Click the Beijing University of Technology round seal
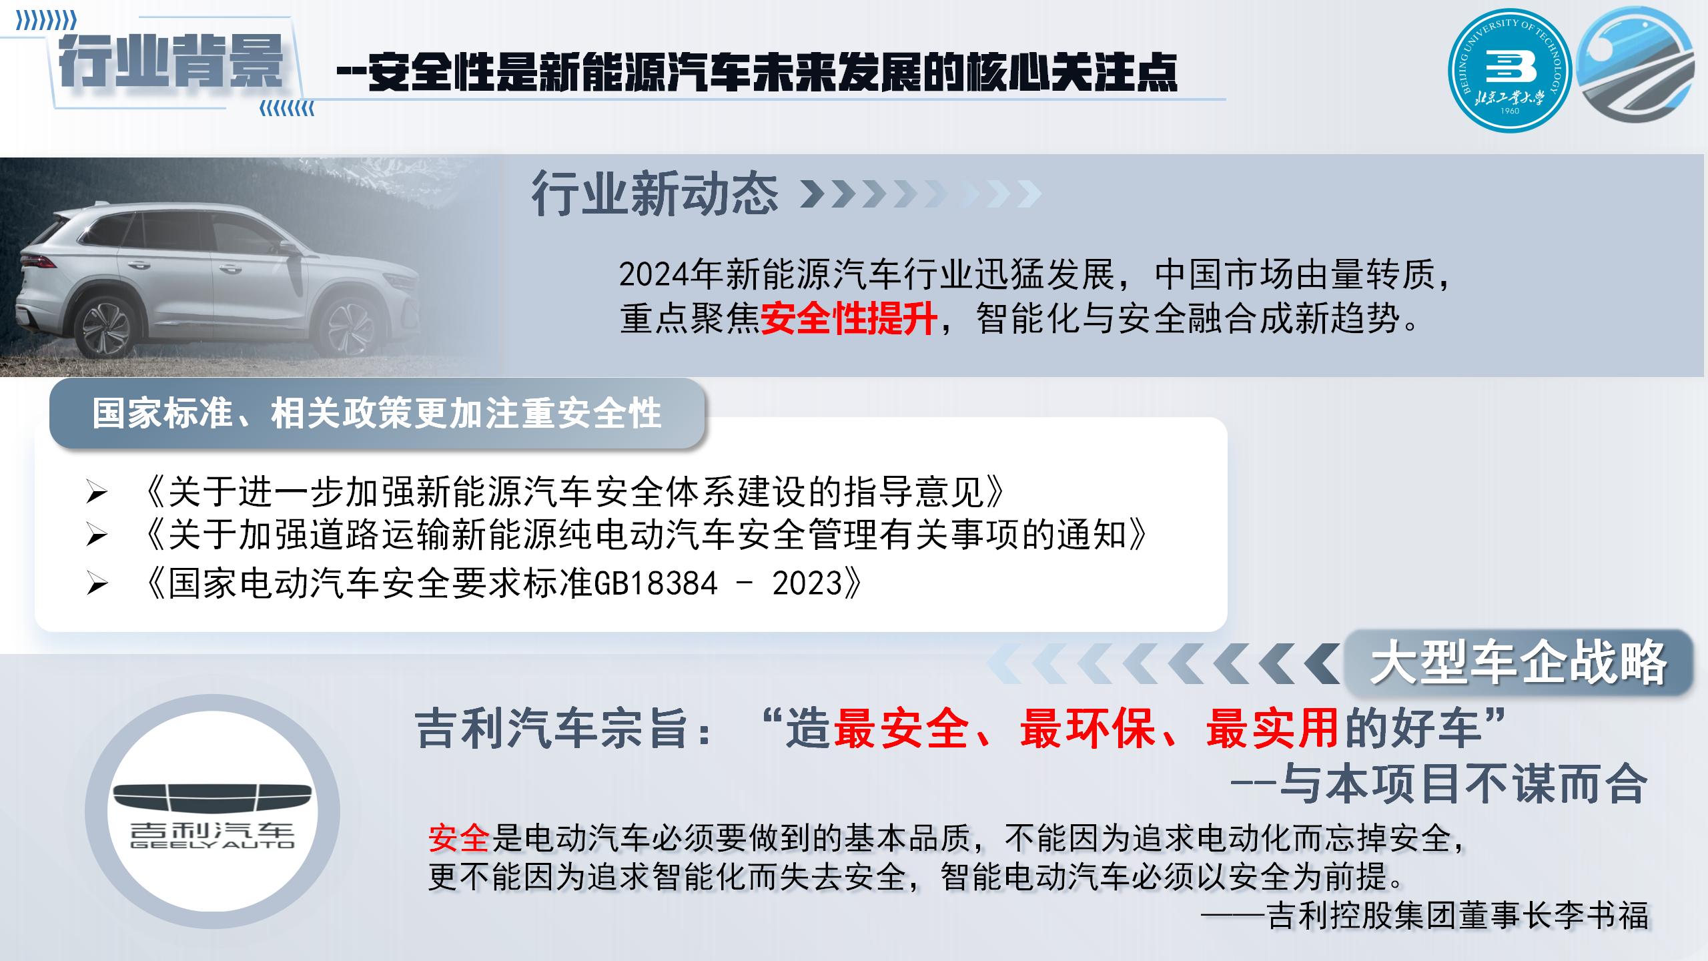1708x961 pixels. tap(1509, 71)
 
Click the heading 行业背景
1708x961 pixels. tap(171, 62)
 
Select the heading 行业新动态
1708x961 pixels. tap(655, 194)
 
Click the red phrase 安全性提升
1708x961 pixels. tap(849, 318)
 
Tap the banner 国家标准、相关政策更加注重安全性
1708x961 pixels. tap(377, 413)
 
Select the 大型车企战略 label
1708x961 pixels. tap(1519, 663)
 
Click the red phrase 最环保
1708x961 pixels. tap(1088, 727)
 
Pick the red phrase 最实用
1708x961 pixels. tap(1272, 727)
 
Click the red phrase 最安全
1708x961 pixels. tap(901, 727)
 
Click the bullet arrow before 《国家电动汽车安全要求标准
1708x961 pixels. tap(97, 585)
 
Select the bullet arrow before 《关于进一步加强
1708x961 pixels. tap(97, 493)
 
